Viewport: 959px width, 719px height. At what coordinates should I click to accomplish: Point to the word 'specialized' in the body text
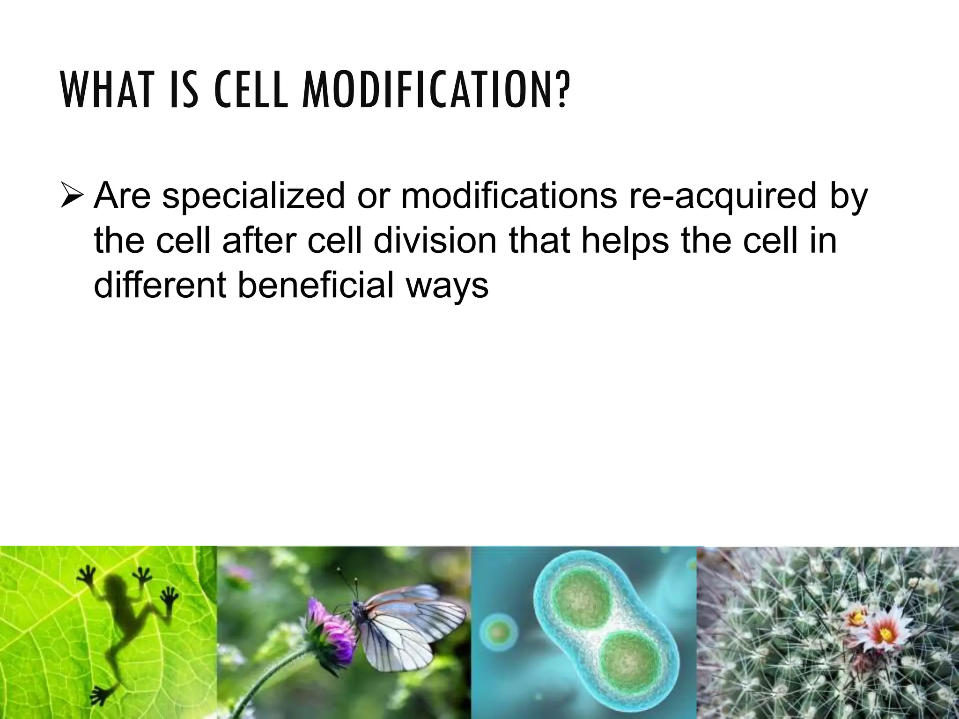coord(253,197)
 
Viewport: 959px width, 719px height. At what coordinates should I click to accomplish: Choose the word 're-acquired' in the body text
coord(722,197)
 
